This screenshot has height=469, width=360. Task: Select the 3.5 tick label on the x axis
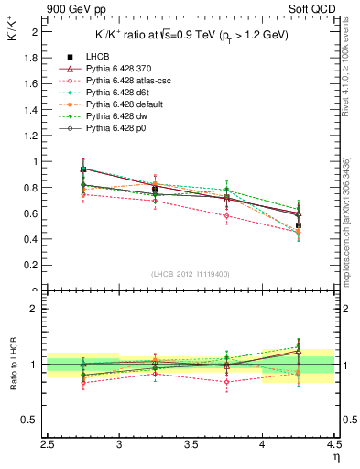click(191, 446)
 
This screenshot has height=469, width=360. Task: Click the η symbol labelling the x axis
click(334, 457)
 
